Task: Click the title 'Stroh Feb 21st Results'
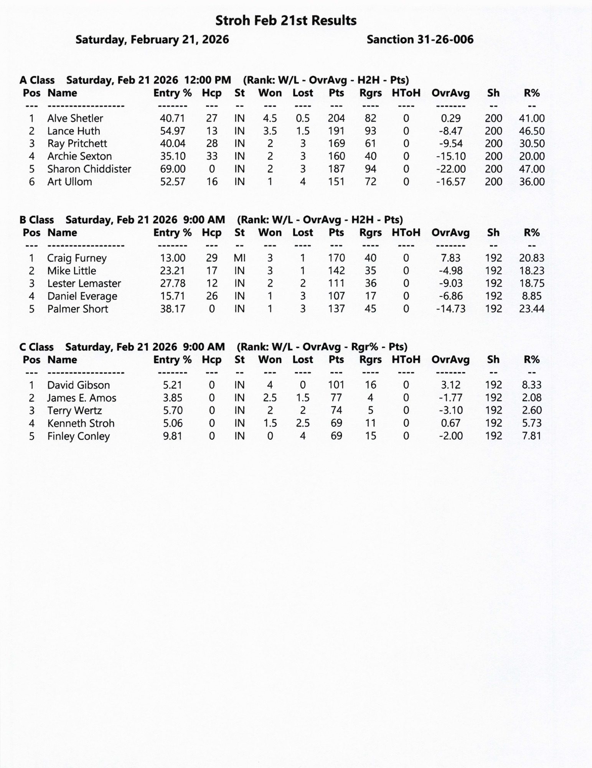[x=286, y=21]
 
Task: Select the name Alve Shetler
[x=75, y=118]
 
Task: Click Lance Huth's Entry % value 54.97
[x=172, y=131]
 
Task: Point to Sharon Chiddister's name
[x=89, y=169]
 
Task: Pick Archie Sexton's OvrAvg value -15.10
[x=451, y=156]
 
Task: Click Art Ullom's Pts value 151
[x=336, y=182]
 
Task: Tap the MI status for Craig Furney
[x=239, y=258]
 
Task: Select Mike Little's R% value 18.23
[x=531, y=271]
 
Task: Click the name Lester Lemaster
[x=84, y=283]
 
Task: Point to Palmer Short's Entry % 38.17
[x=172, y=309]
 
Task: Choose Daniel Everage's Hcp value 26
[x=211, y=296]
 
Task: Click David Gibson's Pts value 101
[x=336, y=385]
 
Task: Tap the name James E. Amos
[x=82, y=398]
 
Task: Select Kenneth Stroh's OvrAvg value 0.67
[x=451, y=423]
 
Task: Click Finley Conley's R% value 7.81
[x=531, y=436]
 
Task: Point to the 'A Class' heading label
[x=37, y=80]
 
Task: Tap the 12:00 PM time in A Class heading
[x=208, y=80]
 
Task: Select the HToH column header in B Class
[x=406, y=233]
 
